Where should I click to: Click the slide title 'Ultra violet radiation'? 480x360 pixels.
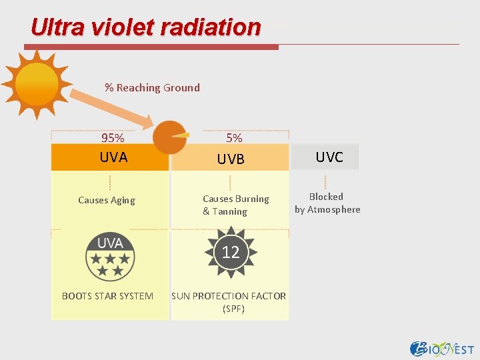145,27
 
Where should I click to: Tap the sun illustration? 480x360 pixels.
37,84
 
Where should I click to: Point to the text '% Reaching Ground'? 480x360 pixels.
152,87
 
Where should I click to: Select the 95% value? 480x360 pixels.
112,138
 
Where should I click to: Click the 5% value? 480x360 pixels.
234,138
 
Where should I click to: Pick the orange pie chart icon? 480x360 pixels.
170,137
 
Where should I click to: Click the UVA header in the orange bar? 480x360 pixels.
113,157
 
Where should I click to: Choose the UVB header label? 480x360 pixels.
231,159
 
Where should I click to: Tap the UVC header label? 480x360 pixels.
329,157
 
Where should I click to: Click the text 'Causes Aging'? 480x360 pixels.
107,200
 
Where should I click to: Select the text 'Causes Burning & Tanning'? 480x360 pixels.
235,205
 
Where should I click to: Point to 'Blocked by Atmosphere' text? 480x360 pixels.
327,203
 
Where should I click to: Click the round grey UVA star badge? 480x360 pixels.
110,257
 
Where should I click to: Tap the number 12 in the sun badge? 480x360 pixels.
231,252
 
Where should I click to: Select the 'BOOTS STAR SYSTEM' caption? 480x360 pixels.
107,295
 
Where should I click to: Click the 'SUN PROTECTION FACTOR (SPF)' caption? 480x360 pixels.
229,302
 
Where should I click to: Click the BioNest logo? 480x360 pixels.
441,348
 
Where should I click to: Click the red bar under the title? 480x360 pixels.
151,47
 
